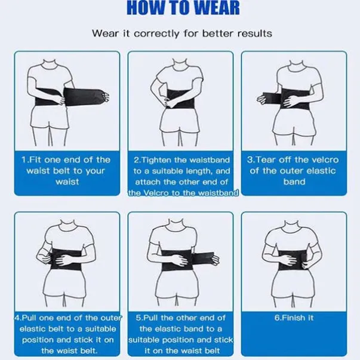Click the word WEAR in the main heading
[x=215, y=7]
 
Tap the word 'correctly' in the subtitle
[x=156, y=34]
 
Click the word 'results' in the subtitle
[x=254, y=33]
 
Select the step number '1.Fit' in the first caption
[x=31, y=159]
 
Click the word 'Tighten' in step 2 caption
[x=156, y=160]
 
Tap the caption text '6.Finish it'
[x=294, y=318]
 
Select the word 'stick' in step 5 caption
[x=223, y=340]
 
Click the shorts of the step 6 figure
[x=293, y=282]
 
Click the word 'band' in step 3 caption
[x=294, y=182]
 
